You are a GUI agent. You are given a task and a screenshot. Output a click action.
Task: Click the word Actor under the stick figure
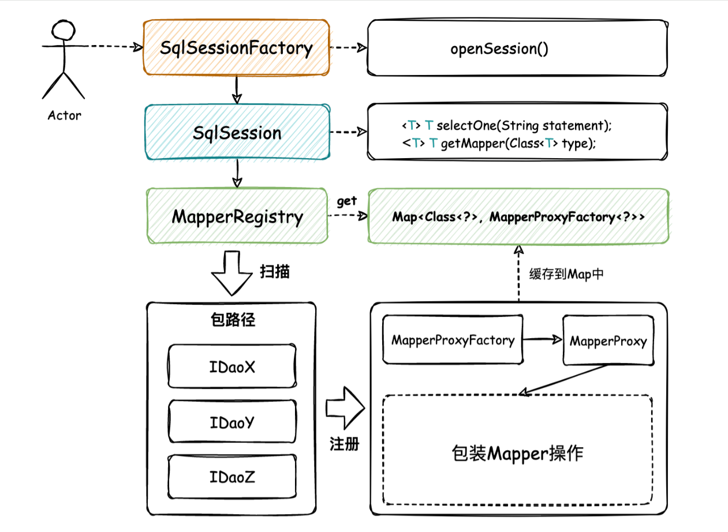point(64,115)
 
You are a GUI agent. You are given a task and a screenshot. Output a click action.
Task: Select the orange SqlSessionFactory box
point(236,48)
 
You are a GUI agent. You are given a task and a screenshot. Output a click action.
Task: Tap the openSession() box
point(517,48)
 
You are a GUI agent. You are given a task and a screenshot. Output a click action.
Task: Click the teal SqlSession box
point(237,133)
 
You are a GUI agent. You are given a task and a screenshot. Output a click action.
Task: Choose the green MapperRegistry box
point(237,217)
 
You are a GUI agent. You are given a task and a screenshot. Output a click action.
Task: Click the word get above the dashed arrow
point(346,201)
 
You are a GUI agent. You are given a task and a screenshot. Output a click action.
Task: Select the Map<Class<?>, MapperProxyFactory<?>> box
point(518,217)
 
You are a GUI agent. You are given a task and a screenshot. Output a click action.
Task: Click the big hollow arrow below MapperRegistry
point(233,274)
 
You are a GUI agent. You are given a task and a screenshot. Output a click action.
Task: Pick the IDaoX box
point(232,367)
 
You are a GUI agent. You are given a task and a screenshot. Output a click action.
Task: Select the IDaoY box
point(232,423)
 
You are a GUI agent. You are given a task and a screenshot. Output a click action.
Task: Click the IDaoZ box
point(232,478)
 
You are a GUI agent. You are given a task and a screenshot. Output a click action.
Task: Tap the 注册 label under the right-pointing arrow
point(345,444)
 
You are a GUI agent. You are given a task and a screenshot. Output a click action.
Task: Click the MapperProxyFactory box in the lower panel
point(453,340)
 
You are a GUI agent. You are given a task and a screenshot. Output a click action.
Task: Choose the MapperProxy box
point(608,341)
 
